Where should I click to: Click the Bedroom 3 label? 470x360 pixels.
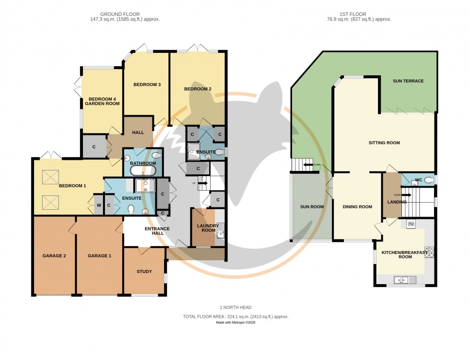click(147, 85)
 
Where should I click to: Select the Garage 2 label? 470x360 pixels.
click(54, 256)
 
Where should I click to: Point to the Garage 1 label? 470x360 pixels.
click(99, 256)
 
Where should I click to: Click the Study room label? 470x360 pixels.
click(144, 272)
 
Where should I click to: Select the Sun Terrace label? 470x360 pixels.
click(408, 81)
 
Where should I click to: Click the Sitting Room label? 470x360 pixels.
click(384, 143)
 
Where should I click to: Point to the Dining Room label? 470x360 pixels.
click(357, 207)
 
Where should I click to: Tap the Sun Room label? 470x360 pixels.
click(312, 207)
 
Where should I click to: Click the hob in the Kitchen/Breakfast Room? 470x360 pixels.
click(429, 252)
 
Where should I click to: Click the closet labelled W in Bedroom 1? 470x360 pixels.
click(98, 205)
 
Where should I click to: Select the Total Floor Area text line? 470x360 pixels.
click(235, 317)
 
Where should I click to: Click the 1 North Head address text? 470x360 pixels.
click(235, 307)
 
